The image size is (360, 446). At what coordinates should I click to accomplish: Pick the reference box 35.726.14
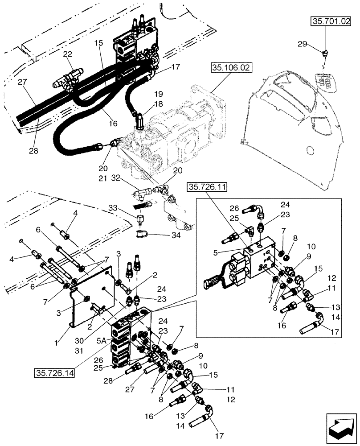pos(54,372)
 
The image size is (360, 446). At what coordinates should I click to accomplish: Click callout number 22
pos(67,54)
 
